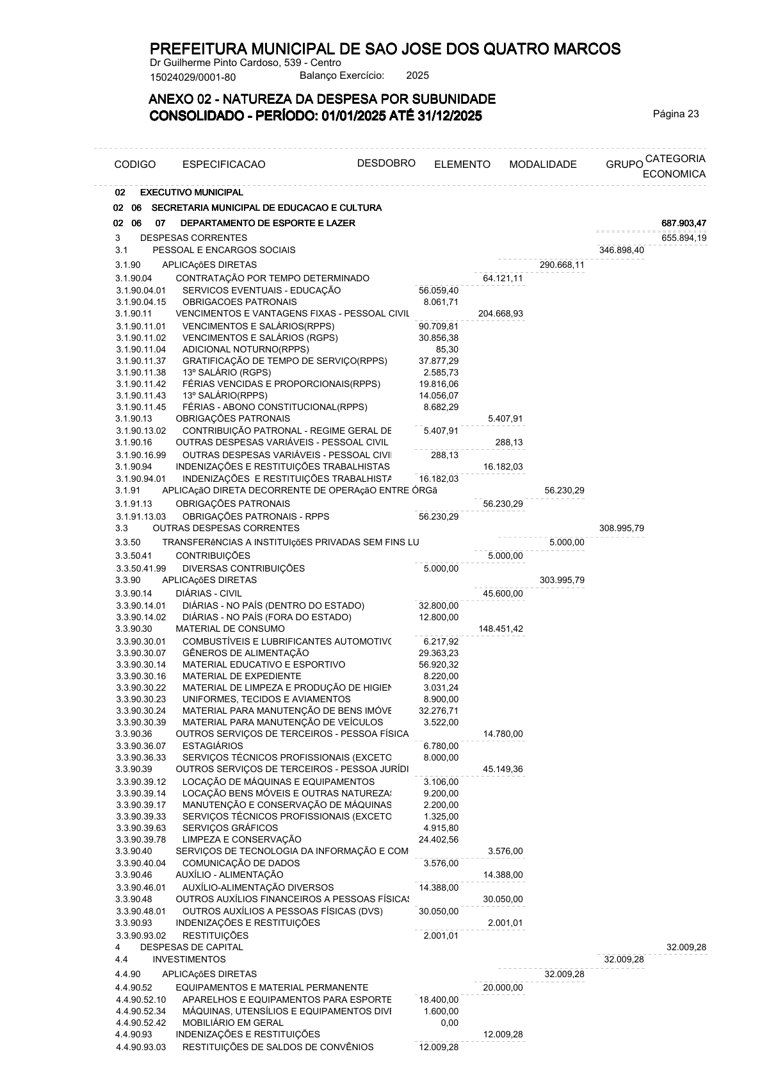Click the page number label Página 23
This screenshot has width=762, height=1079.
[676, 114]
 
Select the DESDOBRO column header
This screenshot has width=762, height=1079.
[386, 163]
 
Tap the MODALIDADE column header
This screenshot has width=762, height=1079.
[542, 165]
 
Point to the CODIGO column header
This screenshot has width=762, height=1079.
[134, 165]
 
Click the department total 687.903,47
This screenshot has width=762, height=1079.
[683, 223]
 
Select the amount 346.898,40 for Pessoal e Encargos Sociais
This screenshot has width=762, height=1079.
[621, 250]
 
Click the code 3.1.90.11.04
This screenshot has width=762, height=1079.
[141, 349]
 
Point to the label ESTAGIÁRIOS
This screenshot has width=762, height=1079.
[213, 746]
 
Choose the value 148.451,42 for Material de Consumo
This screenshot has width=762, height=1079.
[500, 629]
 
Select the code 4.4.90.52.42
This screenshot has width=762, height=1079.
[141, 1023]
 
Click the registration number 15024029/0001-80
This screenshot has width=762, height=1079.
[193, 78]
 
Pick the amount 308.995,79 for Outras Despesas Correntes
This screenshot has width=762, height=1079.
[621, 529]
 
